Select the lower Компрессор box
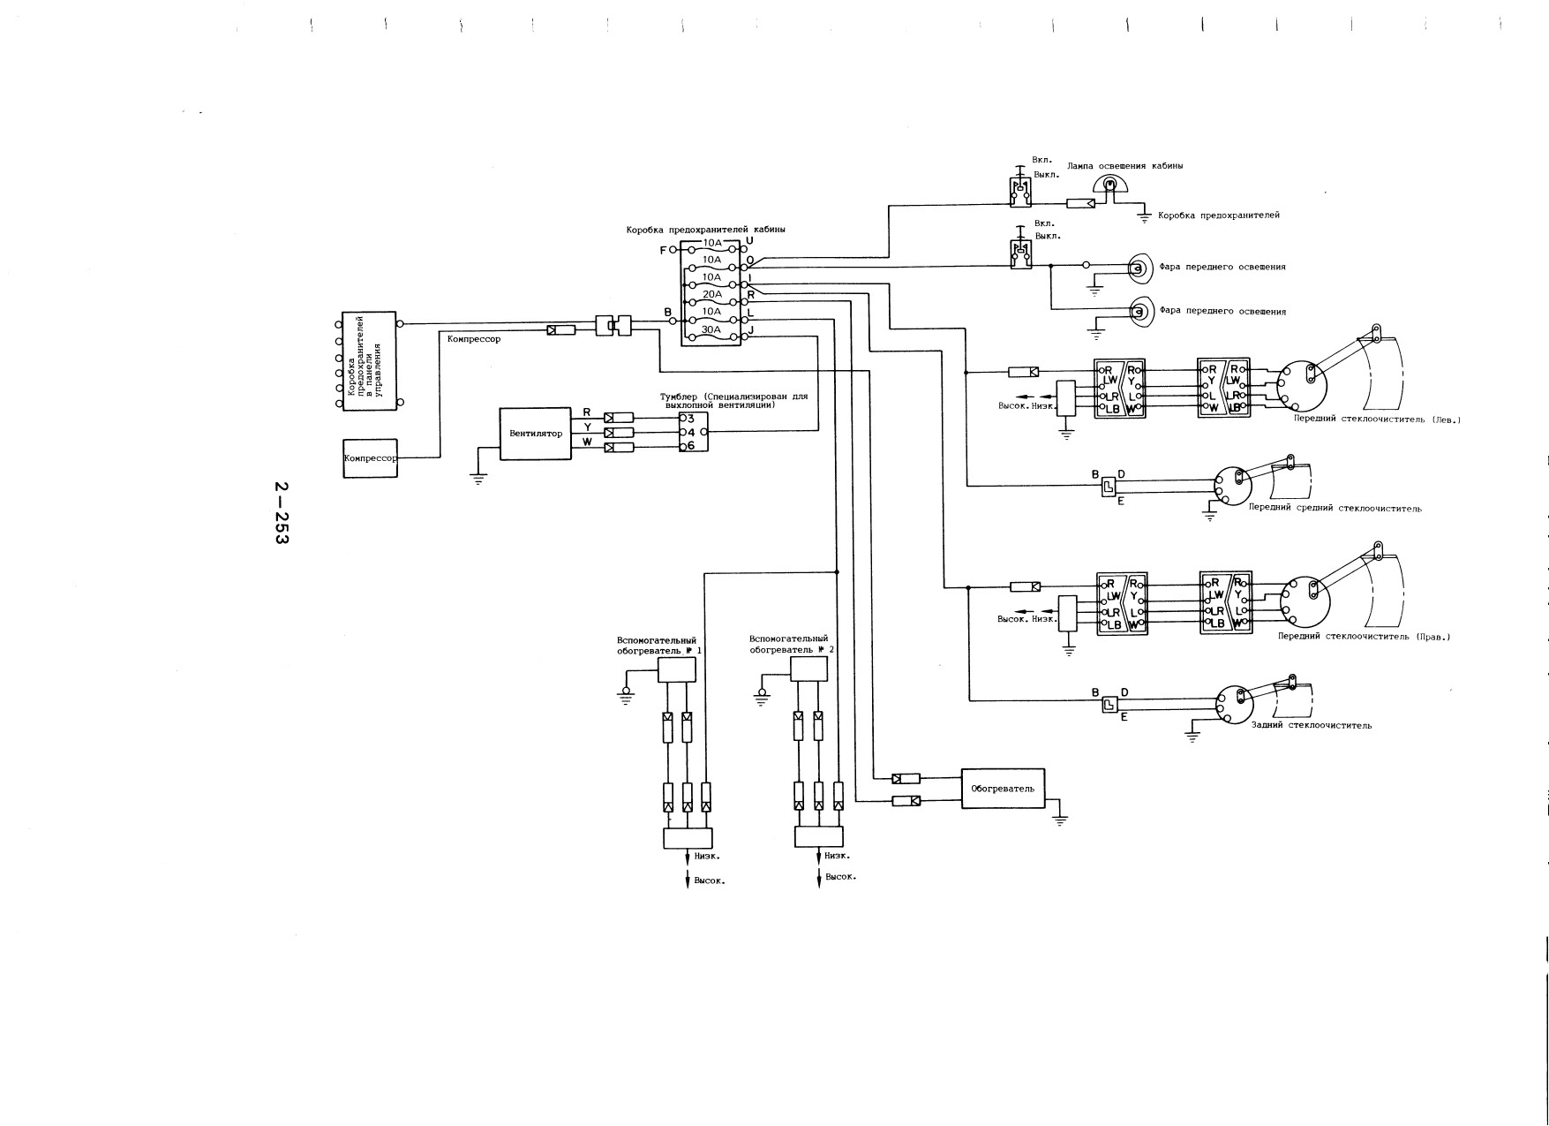pyautogui.click(x=370, y=458)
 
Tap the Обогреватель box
pyautogui.click(x=1003, y=788)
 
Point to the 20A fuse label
pyautogui.click(x=711, y=294)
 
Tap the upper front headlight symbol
pyautogui.click(x=1139, y=267)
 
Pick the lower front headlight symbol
pyautogui.click(x=1139, y=311)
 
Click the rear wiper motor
pyautogui.click(x=1232, y=704)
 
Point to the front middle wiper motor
pyautogui.click(x=1232, y=485)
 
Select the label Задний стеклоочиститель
pyautogui.click(x=1312, y=725)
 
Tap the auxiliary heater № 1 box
pyautogui.click(x=677, y=670)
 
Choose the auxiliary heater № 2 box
pyautogui.click(x=809, y=669)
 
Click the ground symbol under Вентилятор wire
pyautogui.click(x=477, y=479)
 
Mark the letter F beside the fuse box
pyautogui.click(x=663, y=250)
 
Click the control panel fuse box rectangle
pyautogui.click(x=369, y=360)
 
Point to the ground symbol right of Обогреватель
pyautogui.click(x=1061, y=819)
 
